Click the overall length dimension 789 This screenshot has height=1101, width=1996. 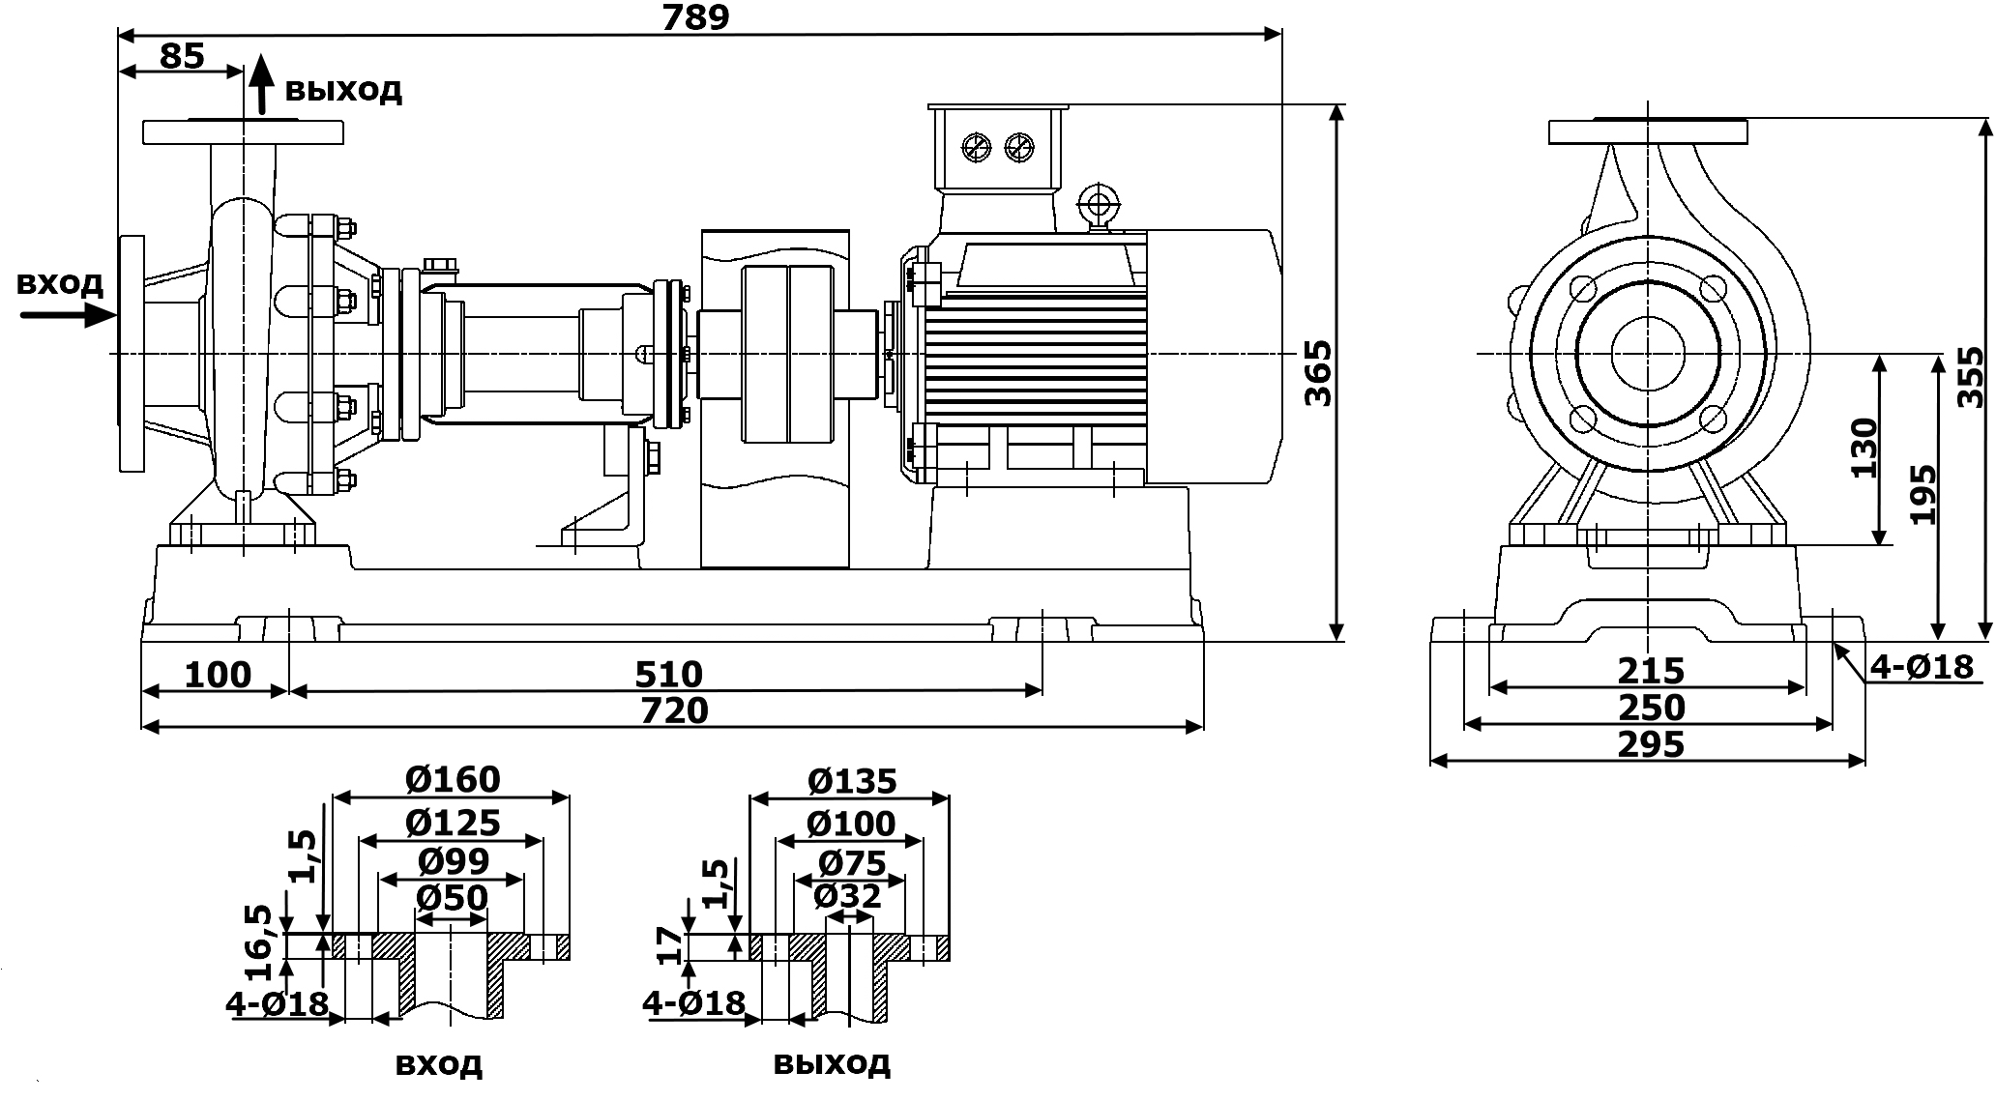(x=695, y=16)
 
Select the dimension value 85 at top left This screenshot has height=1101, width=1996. (x=182, y=55)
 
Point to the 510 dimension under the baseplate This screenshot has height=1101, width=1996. (x=668, y=674)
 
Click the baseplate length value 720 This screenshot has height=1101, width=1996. (x=674, y=710)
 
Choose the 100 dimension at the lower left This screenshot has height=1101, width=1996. (x=217, y=674)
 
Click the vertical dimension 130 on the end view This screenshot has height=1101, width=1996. (x=1863, y=449)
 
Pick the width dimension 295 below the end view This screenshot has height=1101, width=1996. (x=1651, y=744)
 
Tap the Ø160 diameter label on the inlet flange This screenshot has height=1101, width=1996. (x=453, y=779)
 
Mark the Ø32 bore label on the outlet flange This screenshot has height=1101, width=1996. (x=847, y=896)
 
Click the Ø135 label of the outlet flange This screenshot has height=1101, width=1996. (x=850, y=780)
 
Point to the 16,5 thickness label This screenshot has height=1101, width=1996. (x=258, y=943)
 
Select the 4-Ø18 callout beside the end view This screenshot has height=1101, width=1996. (x=1922, y=666)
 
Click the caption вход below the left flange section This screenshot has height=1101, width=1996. (x=438, y=1064)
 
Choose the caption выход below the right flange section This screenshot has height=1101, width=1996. (x=832, y=1063)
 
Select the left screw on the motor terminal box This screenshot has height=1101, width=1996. (x=976, y=147)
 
